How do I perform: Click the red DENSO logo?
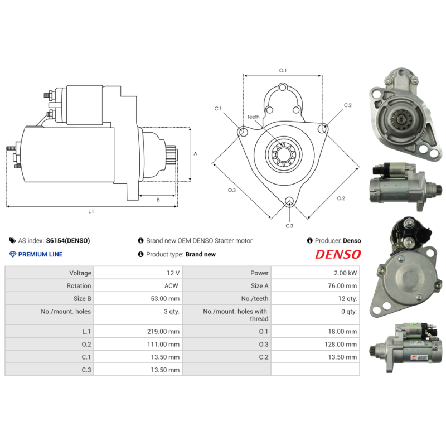click(x=338, y=254)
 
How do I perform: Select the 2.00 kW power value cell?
click(x=345, y=273)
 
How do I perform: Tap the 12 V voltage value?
click(x=173, y=273)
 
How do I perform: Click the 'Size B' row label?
click(x=80, y=299)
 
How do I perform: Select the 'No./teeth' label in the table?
click(x=255, y=299)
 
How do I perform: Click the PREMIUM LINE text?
click(x=40, y=254)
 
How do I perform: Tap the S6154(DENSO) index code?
click(x=67, y=241)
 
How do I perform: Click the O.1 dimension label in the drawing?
click(x=283, y=70)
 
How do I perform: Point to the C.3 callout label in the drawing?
click(x=289, y=226)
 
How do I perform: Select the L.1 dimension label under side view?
click(x=91, y=211)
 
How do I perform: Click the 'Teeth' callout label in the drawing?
click(x=253, y=117)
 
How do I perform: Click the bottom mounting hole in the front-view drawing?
click(x=289, y=201)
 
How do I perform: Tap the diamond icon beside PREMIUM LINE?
click(x=13, y=254)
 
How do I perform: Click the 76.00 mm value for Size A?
click(x=343, y=286)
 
